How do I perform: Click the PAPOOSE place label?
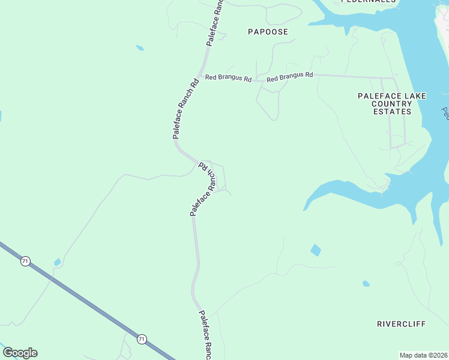coord(268,32)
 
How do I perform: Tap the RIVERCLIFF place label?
coord(401,324)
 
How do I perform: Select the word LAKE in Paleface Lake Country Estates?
coord(400,95)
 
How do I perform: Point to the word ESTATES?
coord(392,112)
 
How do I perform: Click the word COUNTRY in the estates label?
coord(392,104)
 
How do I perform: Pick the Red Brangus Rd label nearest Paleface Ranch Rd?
coord(228,78)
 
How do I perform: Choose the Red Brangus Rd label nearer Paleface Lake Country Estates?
coord(290,77)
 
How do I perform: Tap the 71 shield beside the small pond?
coord(25,261)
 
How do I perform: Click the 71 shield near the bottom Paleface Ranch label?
coord(142,339)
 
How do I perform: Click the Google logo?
coord(20,353)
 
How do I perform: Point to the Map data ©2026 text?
coord(423,355)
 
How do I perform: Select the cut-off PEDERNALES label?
coord(369,2)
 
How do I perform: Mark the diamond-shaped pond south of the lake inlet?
coord(316,250)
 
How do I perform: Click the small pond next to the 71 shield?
coord(57,262)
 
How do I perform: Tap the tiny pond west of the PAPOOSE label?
coord(140,47)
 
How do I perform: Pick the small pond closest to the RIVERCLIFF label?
coord(366,284)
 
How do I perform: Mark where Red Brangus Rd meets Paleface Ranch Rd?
coord(202,78)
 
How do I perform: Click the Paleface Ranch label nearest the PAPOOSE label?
coord(214,24)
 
